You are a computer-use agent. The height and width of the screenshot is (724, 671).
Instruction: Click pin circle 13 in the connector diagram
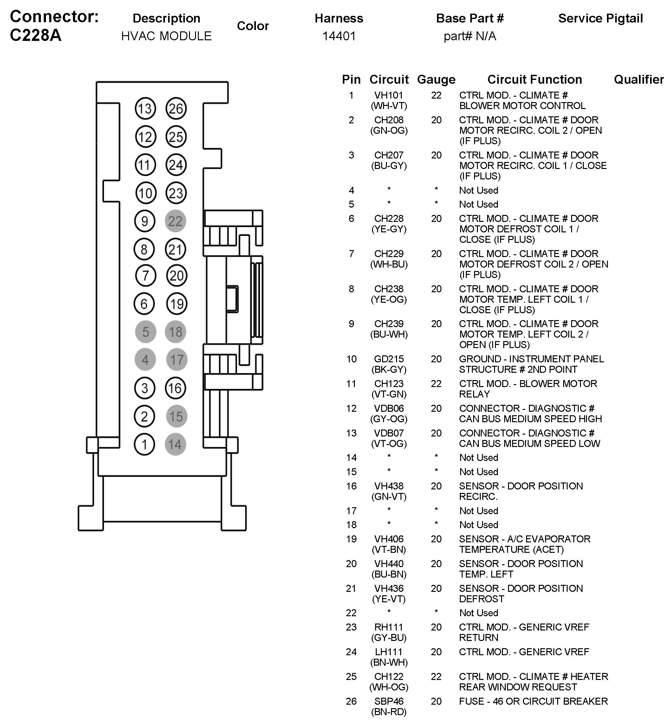coord(145,108)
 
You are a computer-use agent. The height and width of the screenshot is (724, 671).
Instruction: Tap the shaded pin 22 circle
coord(175,221)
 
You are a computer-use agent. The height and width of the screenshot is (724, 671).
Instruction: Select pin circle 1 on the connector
coord(145,444)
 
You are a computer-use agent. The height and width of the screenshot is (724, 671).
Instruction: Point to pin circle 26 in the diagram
coord(176,108)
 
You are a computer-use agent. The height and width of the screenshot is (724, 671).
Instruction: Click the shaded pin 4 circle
coord(145,360)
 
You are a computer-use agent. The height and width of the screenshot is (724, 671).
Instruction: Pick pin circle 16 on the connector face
coord(175,388)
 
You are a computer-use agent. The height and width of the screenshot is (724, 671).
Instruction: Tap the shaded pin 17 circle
coord(177,360)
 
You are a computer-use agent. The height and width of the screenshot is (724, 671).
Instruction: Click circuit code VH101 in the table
coord(389,95)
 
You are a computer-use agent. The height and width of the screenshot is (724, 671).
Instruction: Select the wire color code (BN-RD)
coord(389,712)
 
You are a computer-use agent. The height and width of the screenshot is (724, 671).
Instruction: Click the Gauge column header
coord(436,80)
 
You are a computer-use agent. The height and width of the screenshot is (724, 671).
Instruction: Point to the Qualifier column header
coord(639,80)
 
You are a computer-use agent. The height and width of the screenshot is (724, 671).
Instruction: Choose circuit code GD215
coord(389,359)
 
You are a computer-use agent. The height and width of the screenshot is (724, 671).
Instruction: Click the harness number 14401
coord(339,36)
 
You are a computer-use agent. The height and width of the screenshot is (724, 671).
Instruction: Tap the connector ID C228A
coord(36,35)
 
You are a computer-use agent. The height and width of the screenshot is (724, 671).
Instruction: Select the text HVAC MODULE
coord(166,36)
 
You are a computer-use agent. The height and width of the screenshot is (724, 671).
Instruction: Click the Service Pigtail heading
coord(601,18)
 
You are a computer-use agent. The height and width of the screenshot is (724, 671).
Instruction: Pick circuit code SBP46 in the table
coord(389,701)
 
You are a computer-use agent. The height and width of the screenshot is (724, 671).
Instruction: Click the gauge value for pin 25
coord(436,676)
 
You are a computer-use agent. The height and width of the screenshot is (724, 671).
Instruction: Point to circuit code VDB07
coord(389,433)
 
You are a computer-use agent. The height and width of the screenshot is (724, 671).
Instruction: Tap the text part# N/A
coord(470,36)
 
